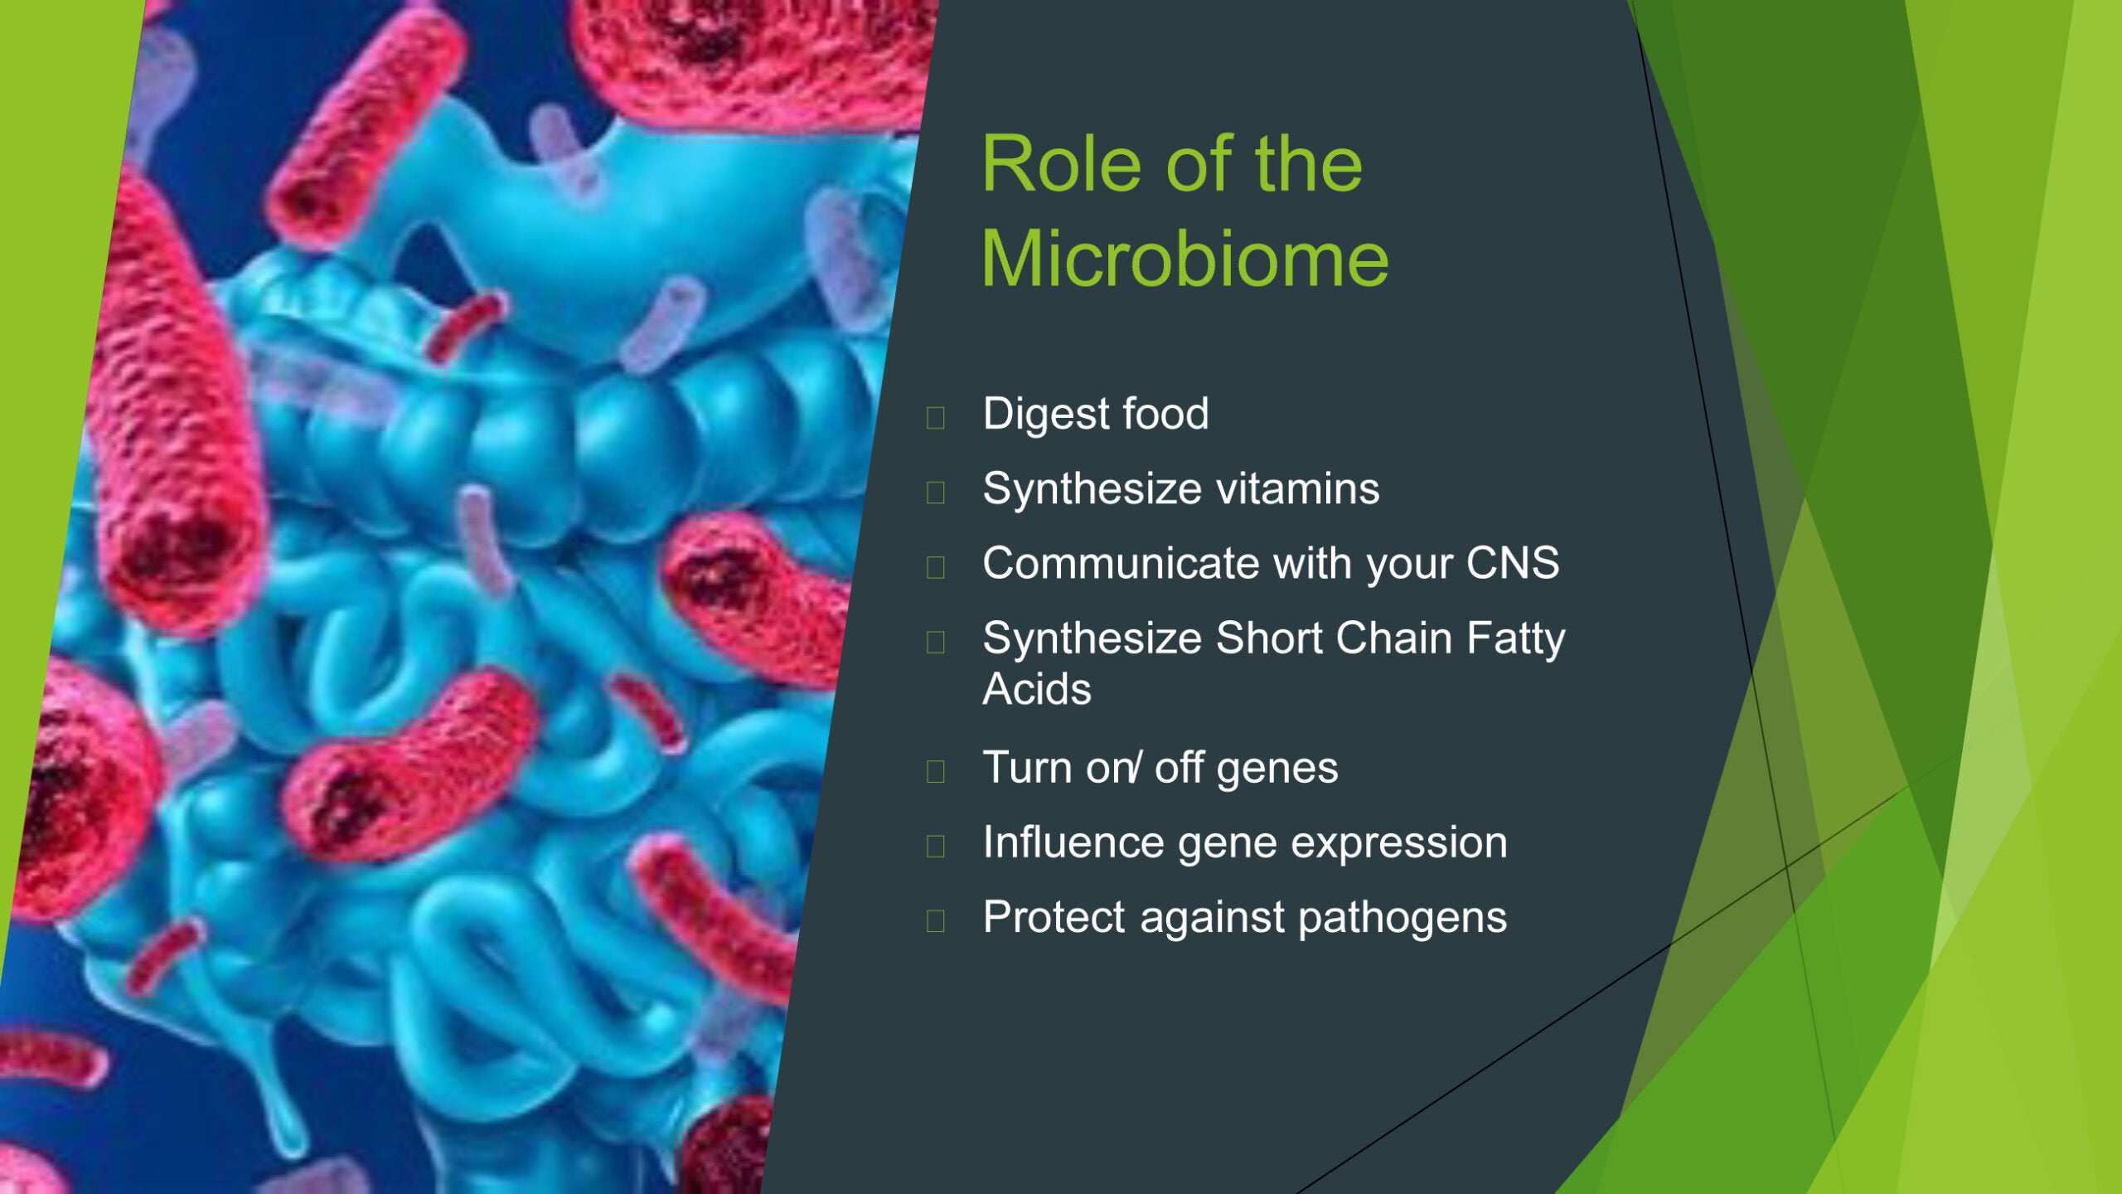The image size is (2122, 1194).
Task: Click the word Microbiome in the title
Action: click(1185, 259)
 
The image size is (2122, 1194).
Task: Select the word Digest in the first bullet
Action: click(1046, 415)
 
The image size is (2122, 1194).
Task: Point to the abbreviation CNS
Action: click(1513, 564)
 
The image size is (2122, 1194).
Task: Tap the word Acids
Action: click(1037, 690)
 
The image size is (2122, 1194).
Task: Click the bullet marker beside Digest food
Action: click(936, 417)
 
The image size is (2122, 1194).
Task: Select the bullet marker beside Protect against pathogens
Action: click(936, 920)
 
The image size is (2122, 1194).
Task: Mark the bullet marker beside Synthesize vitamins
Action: click(936, 492)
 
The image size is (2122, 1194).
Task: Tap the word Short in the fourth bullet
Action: click(1269, 638)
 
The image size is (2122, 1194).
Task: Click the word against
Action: click(1213, 919)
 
